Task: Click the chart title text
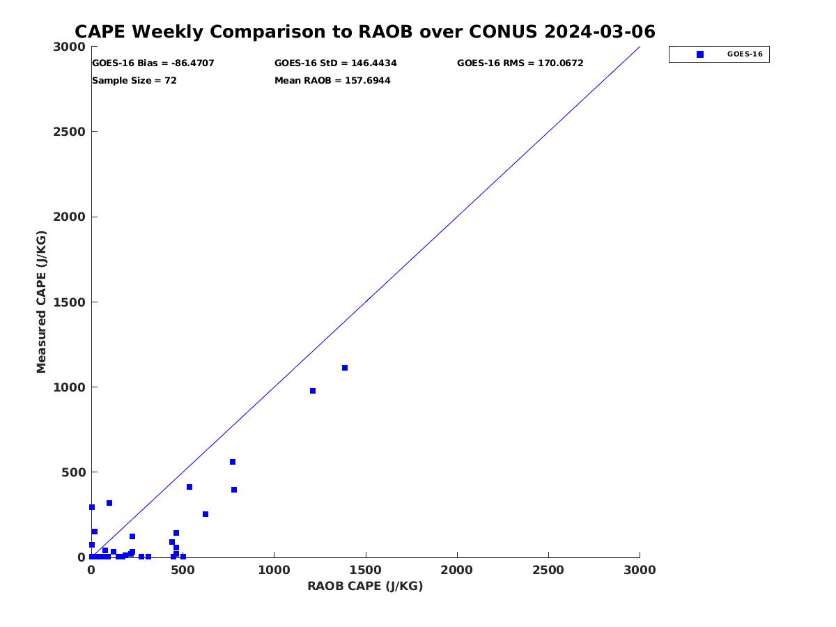pos(364,32)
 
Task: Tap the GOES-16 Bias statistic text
pos(153,63)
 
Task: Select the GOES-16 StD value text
pos(336,63)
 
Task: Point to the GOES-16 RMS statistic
pos(520,63)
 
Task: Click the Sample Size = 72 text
pos(134,81)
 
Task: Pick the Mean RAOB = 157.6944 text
pos(332,81)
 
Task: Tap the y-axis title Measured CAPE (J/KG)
pos(42,302)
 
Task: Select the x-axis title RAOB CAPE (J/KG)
pos(365,586)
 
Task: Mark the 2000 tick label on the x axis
pos(457,570)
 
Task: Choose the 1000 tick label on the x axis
pos(274,570)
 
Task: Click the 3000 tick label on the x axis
pos(640,570)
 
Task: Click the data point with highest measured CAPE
pos(345,368)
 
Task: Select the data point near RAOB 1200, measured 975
pos(313,391)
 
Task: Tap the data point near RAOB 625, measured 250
pos(206,514)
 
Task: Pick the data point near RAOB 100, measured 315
pos(109,503)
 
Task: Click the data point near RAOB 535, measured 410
pos(189,487)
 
